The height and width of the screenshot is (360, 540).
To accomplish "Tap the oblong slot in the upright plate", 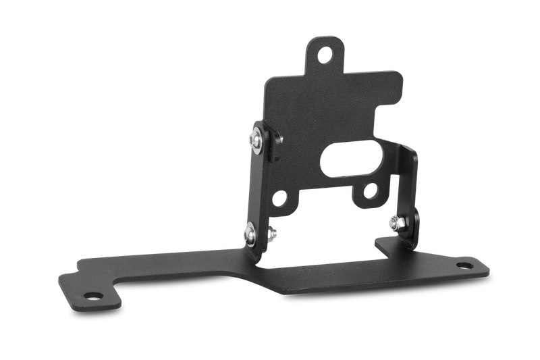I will coord(338,162).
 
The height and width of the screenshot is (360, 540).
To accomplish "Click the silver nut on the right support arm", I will coord(394,222).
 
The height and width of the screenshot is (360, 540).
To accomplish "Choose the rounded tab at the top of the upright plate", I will coord(327,53).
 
